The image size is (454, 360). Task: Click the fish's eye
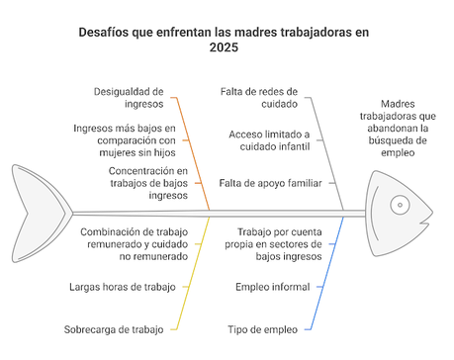tap(399, 206)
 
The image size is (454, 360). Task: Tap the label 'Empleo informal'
tap(272, 287)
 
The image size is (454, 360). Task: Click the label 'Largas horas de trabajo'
tap(122, 287)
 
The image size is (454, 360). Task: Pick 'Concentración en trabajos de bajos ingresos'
tap(133, 182)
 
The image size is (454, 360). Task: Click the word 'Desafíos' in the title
tap(109, 32)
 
